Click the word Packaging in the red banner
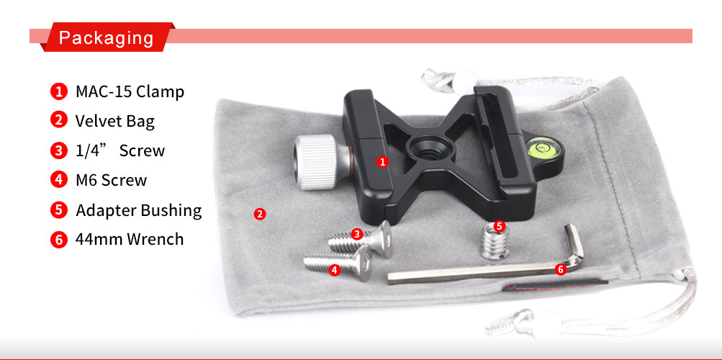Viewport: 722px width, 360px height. [x=107, y=37]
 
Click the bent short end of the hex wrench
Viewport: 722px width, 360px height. [x=575, y=243]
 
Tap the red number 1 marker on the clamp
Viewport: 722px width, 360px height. [x=382, y=161]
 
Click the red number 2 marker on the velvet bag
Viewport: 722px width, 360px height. [x=260, y=214]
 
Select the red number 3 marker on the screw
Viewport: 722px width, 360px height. [x=356, y=234]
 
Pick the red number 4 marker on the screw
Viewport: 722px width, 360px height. [x=335, y=270]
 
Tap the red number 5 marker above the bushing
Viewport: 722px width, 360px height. [x=499, y=226]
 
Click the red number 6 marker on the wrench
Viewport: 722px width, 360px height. [x=560, y=269]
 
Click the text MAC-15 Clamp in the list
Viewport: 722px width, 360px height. [x=130, y=91]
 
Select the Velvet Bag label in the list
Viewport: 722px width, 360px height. [x=115, y=121]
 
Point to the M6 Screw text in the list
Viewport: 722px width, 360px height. [x=111, y=180]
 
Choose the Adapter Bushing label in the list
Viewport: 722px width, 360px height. [x=139, y=210]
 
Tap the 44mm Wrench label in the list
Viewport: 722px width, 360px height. [x=130, y=239]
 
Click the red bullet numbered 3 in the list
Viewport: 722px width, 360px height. [x=59, y=150]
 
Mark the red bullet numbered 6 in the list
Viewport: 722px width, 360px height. [x=59, y=239]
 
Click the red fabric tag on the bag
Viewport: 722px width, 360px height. [x=555, y=284]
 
